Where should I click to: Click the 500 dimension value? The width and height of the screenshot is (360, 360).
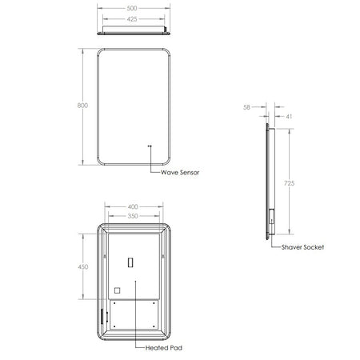click(132, 8)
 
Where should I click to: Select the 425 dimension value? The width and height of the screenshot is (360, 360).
click(132, 19)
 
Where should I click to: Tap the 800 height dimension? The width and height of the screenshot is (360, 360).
click(82, 106)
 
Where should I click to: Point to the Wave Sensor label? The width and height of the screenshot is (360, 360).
click(180, 173)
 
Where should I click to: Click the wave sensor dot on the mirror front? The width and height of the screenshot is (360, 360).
click(150, 146)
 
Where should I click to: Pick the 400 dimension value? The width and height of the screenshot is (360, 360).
click(133, 206)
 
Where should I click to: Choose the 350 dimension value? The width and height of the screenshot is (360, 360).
click(133, 216)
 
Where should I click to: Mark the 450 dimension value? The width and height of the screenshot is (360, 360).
click(83, 267)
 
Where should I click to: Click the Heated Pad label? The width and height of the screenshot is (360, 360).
click(164, 348)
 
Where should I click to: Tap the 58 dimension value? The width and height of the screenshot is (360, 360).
click(246, 107)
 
